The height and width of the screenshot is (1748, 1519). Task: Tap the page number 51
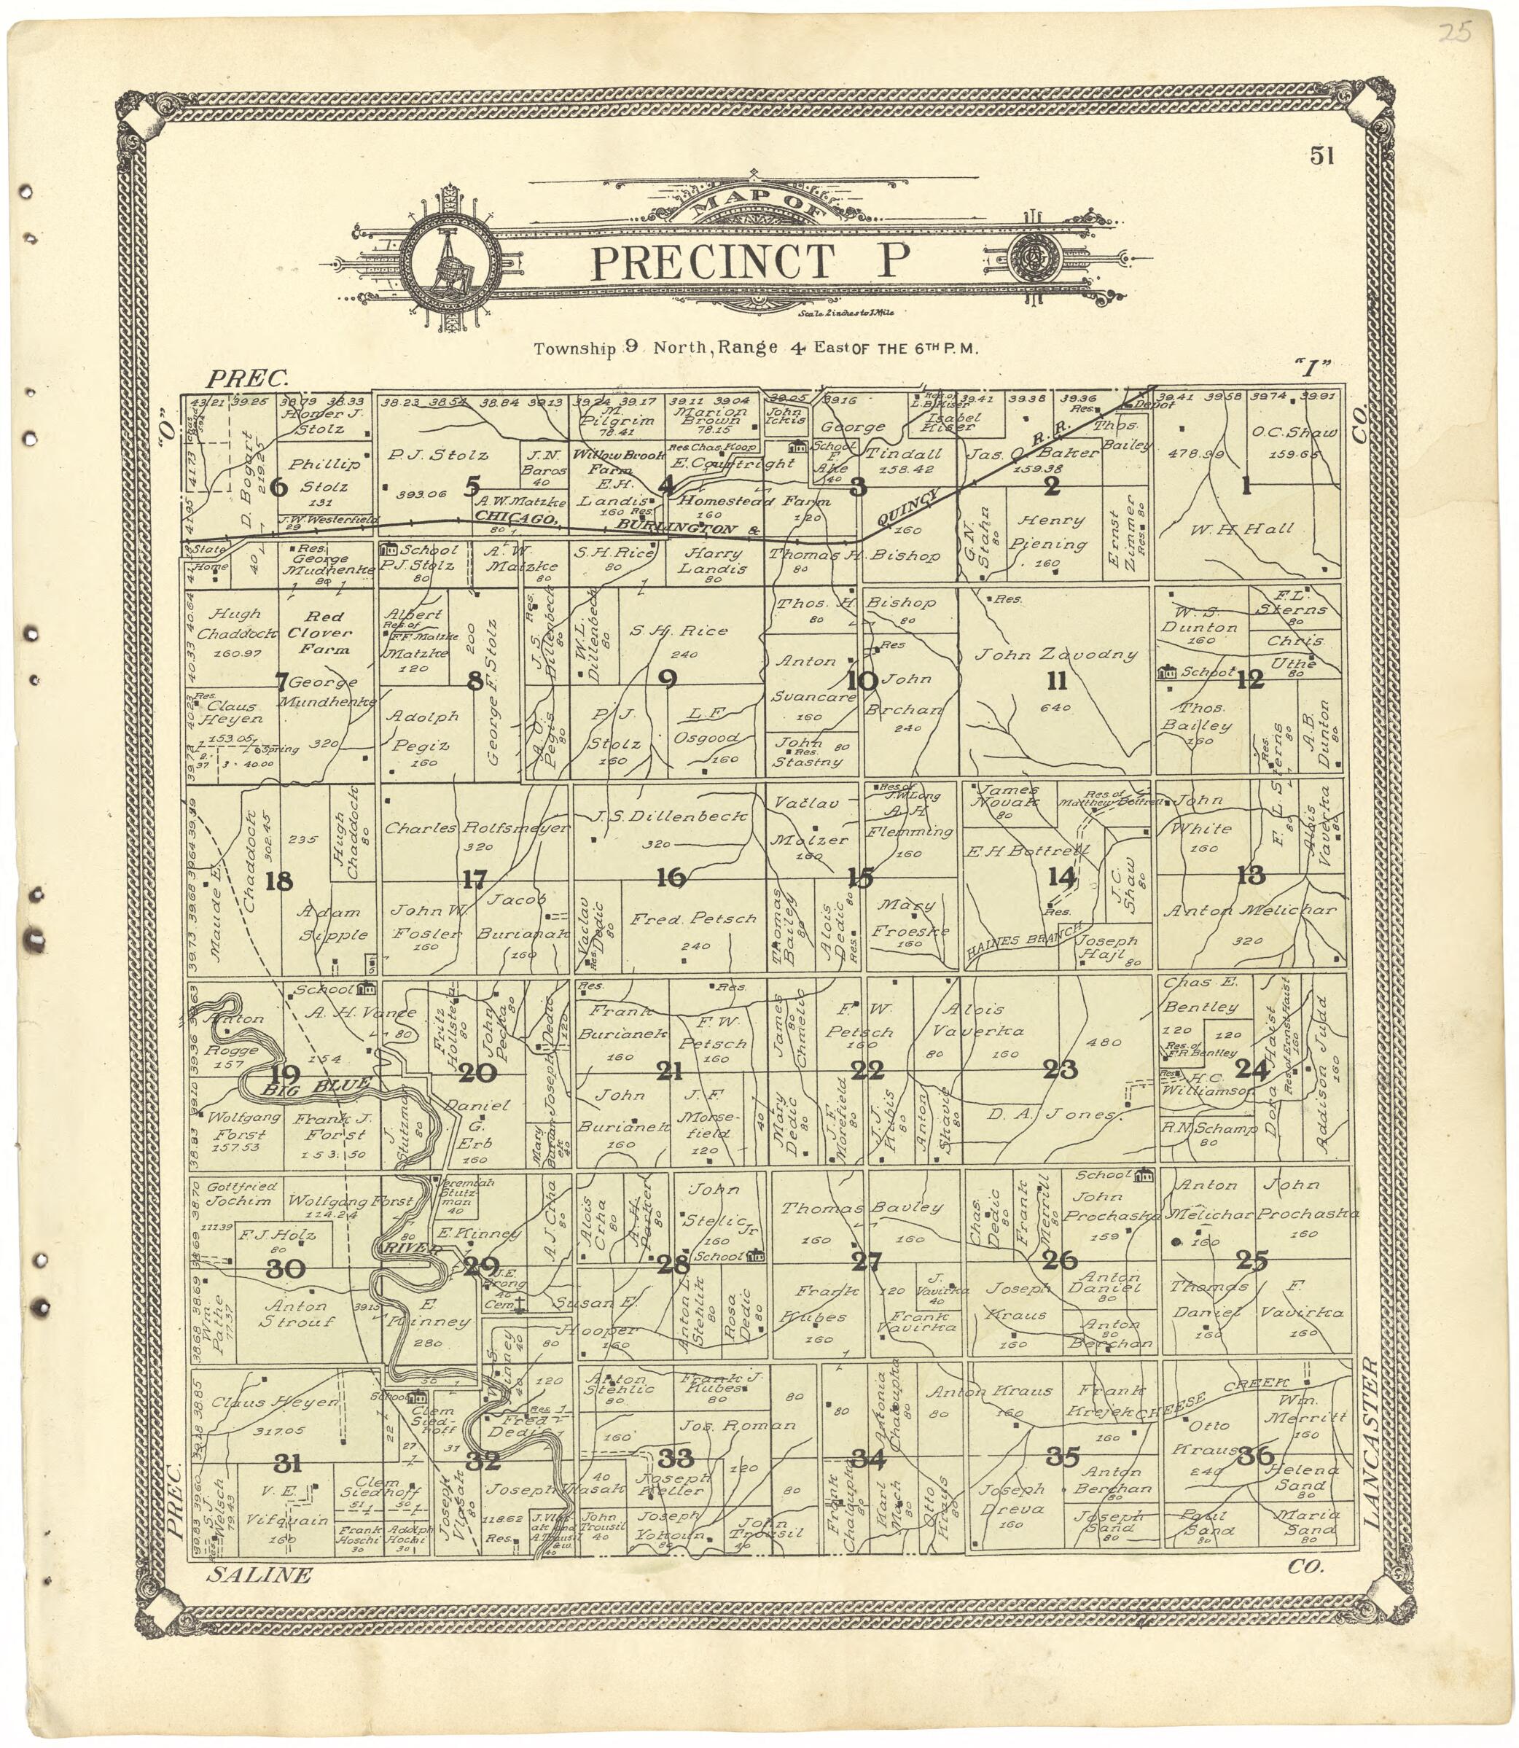click(x=1322, y=156)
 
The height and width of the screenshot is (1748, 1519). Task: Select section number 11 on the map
click(x=1056, y=681)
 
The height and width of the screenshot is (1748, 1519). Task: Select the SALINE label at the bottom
click(x=259, y=1575)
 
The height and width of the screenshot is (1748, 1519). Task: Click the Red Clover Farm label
click(x=326, y=633)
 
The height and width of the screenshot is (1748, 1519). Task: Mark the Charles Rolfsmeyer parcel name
click(x=477, y=828)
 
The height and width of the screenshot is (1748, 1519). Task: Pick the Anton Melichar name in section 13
click(x=1249, y=910)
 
